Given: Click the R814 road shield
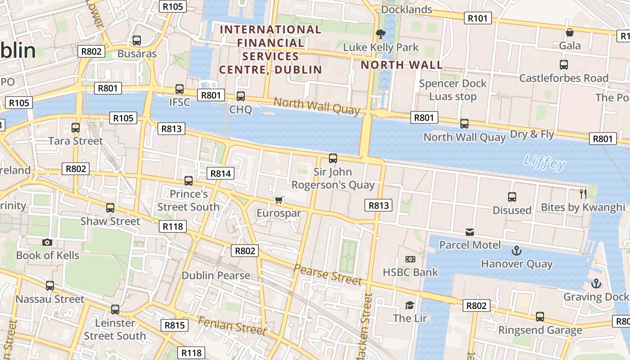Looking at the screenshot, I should point(220,173).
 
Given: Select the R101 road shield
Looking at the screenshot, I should point(477,18).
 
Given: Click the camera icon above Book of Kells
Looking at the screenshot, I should point(47,243).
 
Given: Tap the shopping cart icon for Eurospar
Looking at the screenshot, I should point(279,200).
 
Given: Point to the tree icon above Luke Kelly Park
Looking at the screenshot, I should point(380,34).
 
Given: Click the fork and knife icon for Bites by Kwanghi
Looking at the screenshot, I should point(583,194).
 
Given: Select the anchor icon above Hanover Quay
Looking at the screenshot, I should point(517,251).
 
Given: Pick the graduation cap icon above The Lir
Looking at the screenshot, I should point(409,305).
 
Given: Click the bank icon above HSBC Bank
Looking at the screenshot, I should point(410,259).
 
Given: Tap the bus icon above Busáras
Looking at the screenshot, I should point(137,40).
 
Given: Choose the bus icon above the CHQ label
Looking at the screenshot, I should point(241,96).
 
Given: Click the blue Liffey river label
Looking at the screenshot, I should point(544,162).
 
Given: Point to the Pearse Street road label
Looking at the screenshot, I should point(328,274).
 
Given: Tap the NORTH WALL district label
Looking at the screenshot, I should point(402,65).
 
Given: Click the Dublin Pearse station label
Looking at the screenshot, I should point(216,275).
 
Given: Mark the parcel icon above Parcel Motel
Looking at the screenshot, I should point(470,232).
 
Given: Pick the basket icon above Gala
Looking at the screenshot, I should point(570,32).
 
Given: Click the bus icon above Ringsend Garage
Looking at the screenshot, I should point(540,317).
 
